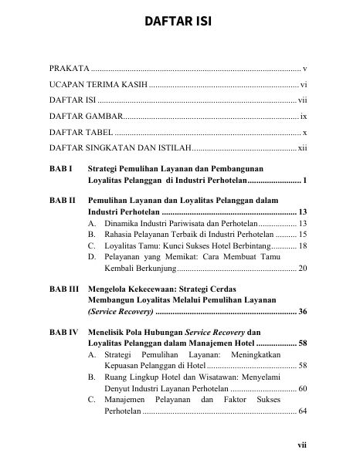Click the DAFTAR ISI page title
(x=179, y=19)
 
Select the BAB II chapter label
(x=63, y=199)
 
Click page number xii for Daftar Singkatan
(x=304, y=147)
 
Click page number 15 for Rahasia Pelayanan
(x=304, y=233)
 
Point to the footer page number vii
(x=304, y=445)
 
